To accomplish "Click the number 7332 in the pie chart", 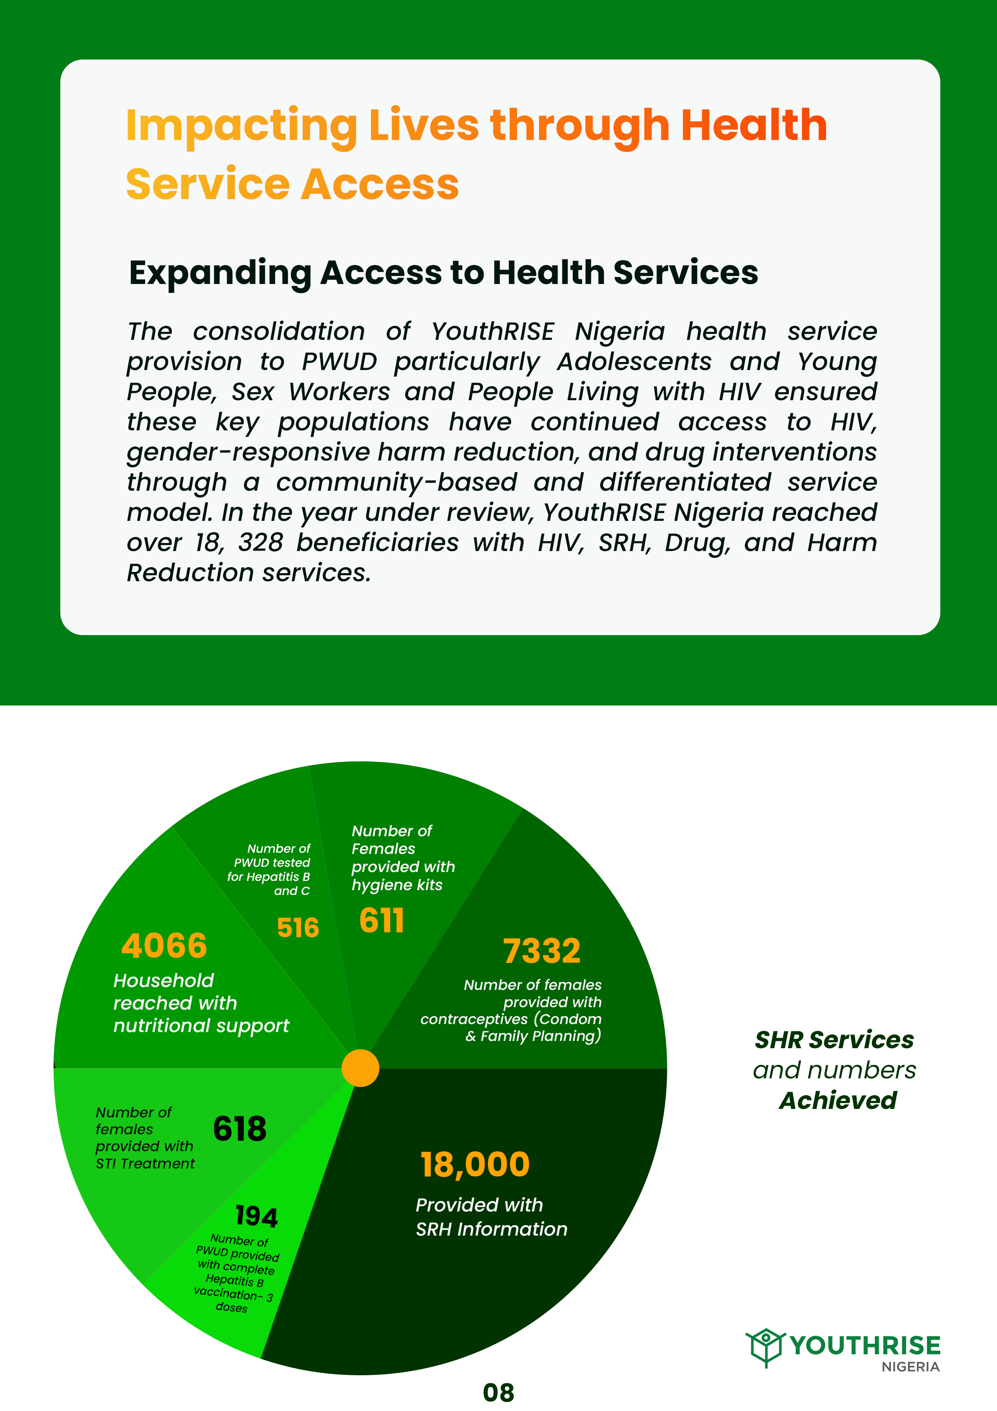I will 541,951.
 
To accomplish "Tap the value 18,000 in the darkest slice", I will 474,1164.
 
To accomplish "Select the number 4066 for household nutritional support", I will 164,945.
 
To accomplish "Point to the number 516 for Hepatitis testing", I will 298,928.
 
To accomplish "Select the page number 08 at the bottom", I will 498,1392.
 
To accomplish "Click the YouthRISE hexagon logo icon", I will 765,1347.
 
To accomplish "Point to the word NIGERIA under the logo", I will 911,1367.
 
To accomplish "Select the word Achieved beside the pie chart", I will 838,1100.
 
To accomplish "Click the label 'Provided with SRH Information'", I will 491,1216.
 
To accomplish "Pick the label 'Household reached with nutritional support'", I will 201,1003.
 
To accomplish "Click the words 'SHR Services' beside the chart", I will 834,1040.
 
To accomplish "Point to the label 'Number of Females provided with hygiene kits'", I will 402,857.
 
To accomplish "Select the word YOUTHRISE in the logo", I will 865,1345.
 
